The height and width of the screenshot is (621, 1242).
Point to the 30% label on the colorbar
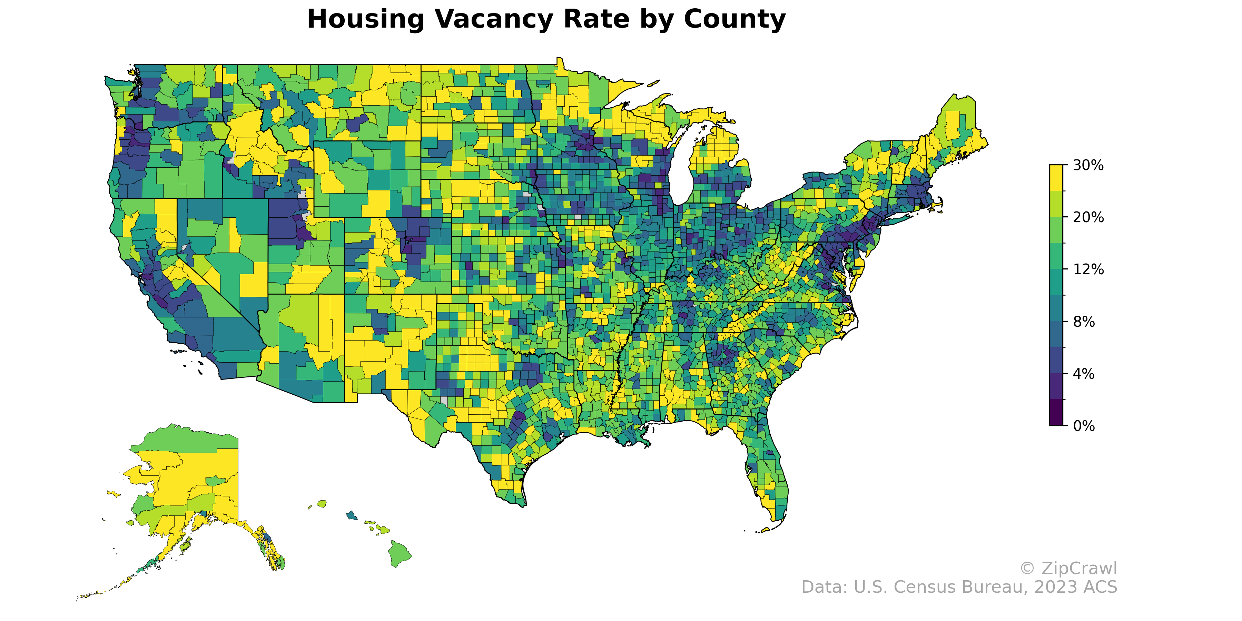pos(1088,165)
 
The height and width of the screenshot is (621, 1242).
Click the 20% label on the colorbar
pos(1088,217)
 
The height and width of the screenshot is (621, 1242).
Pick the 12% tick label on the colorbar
pos(1088,269)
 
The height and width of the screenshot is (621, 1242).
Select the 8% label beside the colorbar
pos(1084,322)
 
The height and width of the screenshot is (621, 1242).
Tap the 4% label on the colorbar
pos(1084,374)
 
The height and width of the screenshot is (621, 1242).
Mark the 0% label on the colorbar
pos(1084,426)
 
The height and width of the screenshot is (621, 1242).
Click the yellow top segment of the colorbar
pos(1057,178)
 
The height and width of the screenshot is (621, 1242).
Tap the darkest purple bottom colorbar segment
pos(1057,413)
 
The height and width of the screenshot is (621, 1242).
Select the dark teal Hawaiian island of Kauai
pos(352,515)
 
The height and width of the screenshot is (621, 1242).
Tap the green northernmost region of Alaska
pos(193,439)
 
